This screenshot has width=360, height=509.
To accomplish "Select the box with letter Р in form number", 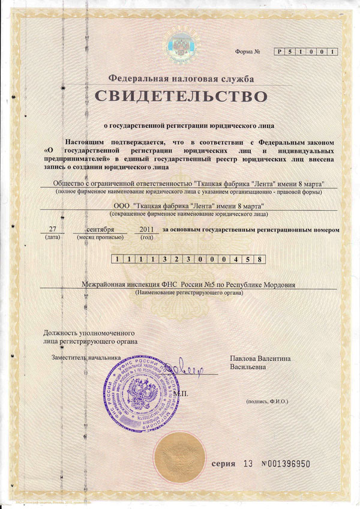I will (x=279, y=52).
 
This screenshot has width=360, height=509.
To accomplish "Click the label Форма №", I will (x=248, y=52).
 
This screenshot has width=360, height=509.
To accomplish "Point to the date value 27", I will (x=52, y=229).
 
